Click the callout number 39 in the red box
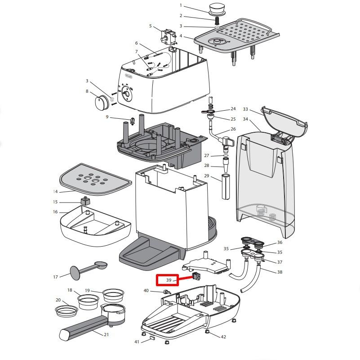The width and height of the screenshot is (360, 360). tap(169, 280)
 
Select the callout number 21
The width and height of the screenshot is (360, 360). tap(106, 334)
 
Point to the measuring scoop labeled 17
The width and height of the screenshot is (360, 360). tap(88, 268)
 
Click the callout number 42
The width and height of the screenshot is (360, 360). tap(223, 337)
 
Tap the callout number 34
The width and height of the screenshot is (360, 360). tap(245, 119)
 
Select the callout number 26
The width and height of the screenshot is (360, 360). tap(233, 129)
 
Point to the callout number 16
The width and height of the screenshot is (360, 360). tap(55, 212)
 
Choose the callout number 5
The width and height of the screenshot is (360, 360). tap(151, 26)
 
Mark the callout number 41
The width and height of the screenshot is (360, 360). tap(137, 342)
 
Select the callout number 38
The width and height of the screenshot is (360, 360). tap(280, 272)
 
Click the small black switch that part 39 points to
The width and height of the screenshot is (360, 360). tap(196, 276)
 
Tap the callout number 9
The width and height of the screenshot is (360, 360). tap(107, 117)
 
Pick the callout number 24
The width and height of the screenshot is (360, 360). tap(233, 109)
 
